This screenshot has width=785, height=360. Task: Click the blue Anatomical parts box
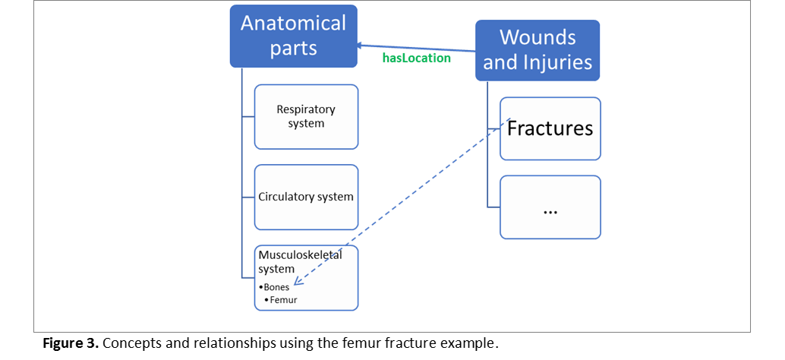pyautogui.click(x=294, y=36)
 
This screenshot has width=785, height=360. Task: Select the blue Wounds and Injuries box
pyautogui.click(x=538, y=49)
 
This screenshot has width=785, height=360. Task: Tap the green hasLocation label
pyautogui.click(x=416, y=58)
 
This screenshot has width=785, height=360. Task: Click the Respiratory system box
pyautogui.click(x=306, y=116)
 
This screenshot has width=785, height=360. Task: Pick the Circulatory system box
pyautogui.click(x=306, y=197)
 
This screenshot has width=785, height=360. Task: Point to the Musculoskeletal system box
pyautogui.click(x=306, y=277)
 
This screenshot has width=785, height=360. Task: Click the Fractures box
pyautogui.click(x=550, y=128)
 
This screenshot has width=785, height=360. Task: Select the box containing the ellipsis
pyautogui.click(x=550, y=207)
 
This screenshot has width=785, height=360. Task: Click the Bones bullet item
pyautogui.click(x=276, y=287)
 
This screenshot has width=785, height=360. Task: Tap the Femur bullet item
pyautogui.click(x=283, y=300)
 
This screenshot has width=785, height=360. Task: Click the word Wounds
pyautogui.click(x=538, y=37)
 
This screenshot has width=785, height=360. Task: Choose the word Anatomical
pyautogui.click(x=293, y=23)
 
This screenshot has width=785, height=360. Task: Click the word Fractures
pyautogui.click(x=550, y=128)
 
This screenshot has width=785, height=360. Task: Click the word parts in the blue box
pyautogui.click(x=293, y=49)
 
